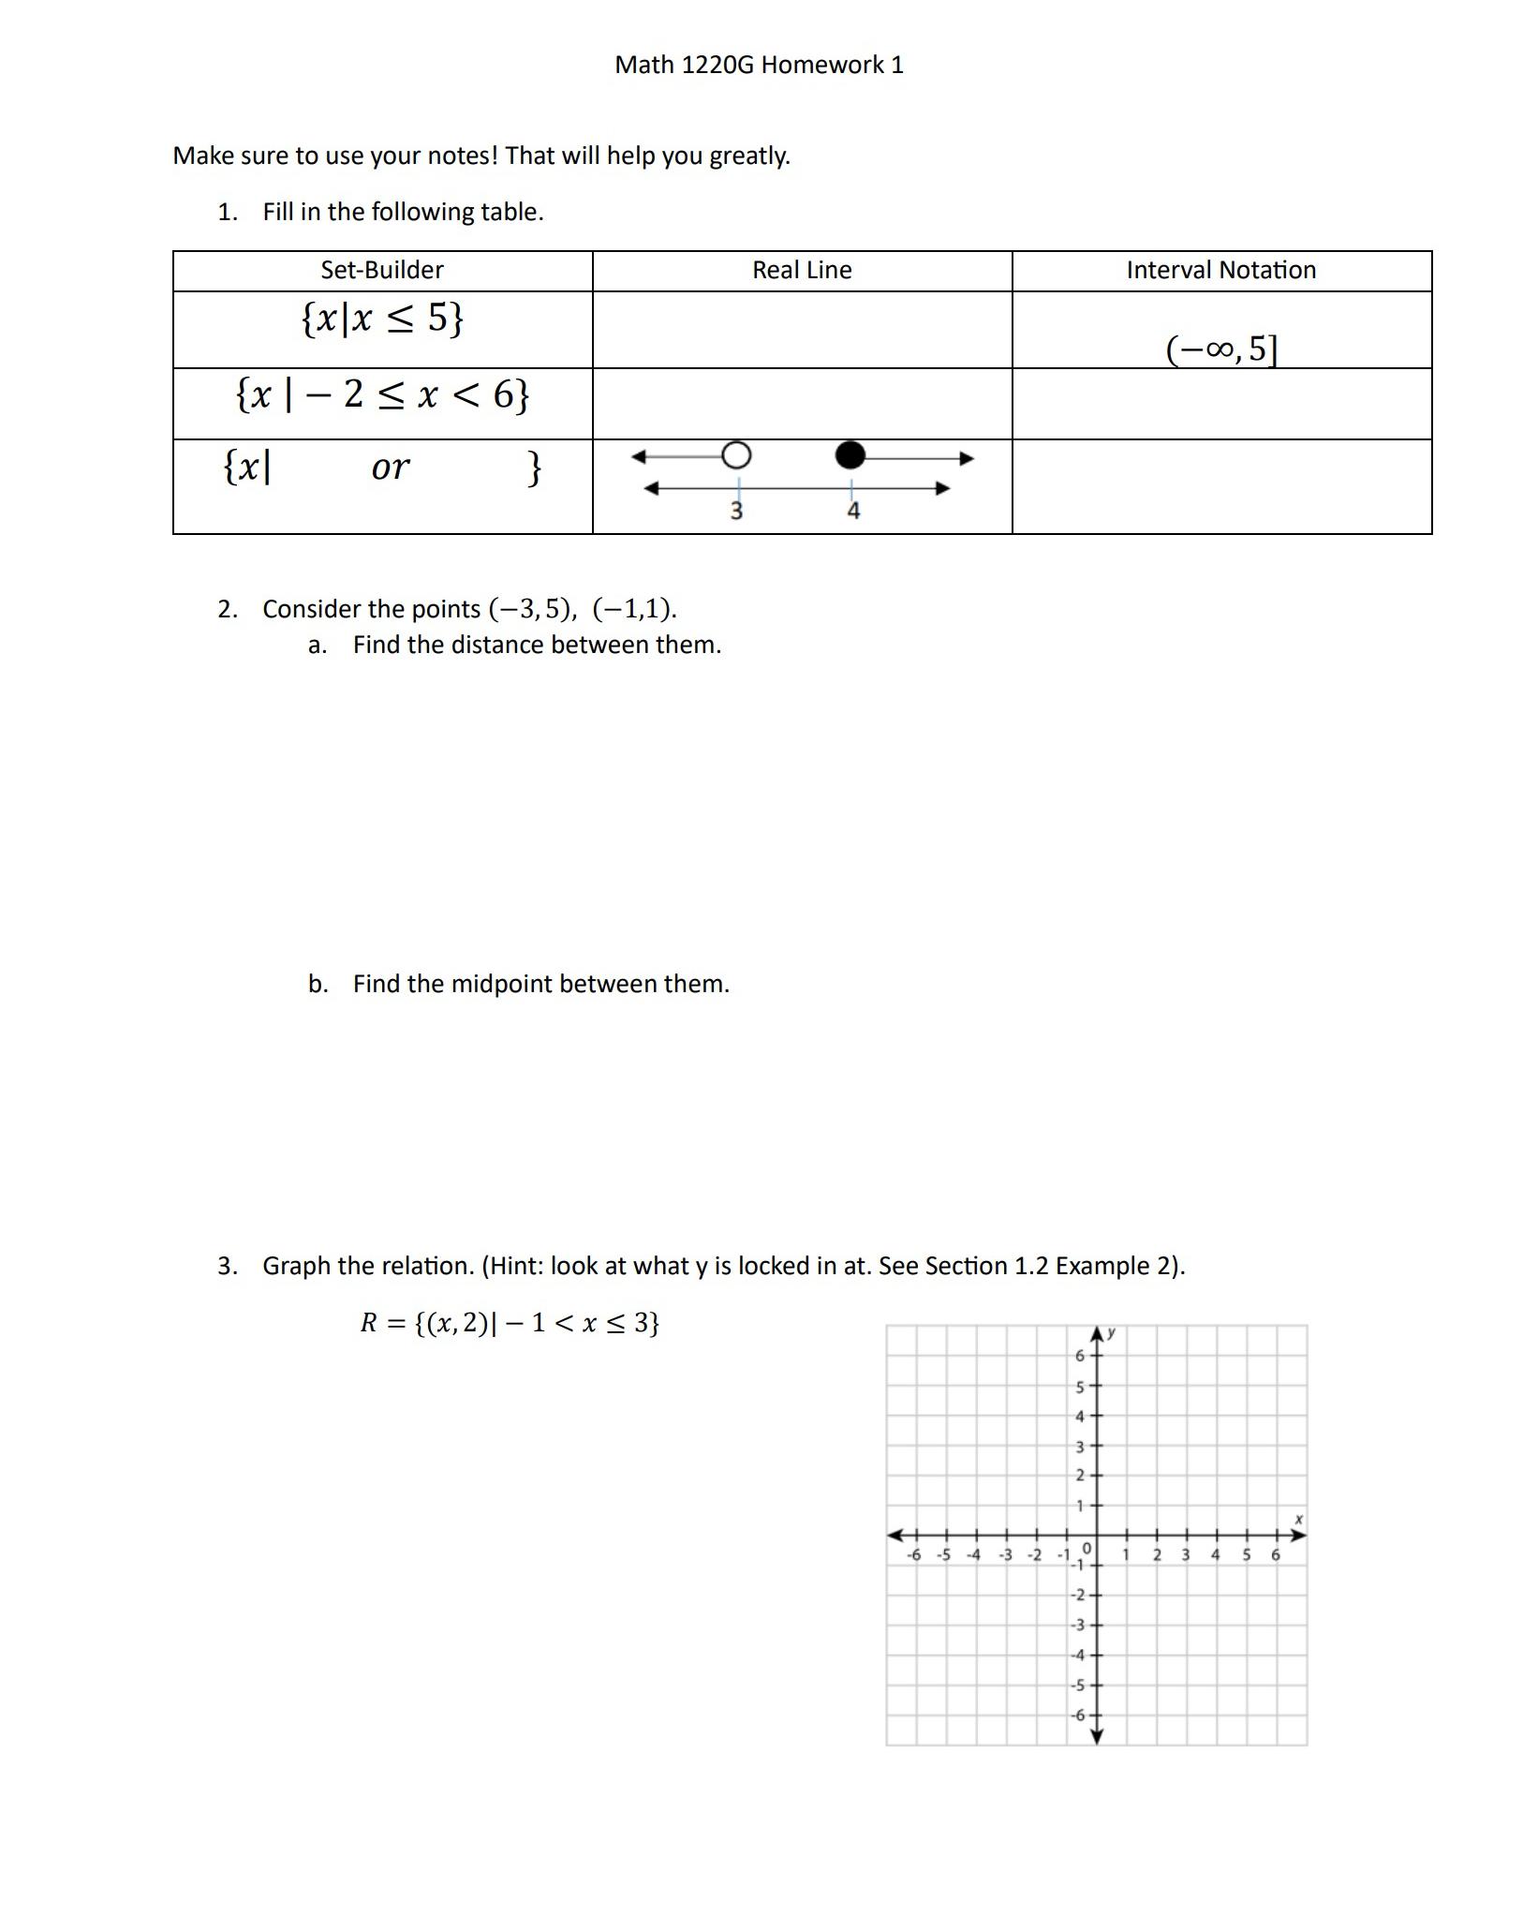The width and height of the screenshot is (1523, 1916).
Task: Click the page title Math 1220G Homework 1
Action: (759, 65)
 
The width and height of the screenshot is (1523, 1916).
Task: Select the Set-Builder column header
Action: (382, 270)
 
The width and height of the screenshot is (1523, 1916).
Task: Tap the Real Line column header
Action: (802, 270)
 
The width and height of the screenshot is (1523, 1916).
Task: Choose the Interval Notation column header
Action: (1220, 270)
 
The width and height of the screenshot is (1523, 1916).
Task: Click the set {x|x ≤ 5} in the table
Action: (382, 319)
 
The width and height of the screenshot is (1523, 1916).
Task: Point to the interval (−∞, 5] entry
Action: (1221, 349)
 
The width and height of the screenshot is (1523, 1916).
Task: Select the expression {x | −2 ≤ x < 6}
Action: (382, 394)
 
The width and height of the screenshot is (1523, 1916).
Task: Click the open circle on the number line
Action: (736, 455)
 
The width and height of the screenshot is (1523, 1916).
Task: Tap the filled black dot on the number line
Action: (850, 455)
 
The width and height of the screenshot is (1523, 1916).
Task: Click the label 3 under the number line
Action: (736, 511)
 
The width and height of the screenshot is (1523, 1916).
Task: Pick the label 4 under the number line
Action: (853, 511)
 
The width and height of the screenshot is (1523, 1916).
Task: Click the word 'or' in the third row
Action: (390, 467)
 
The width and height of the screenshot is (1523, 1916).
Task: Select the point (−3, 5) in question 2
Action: (531, 609)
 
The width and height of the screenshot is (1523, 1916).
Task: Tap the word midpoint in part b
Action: (495, 984)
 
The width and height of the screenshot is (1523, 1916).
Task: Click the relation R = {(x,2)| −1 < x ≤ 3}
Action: (510, 1322)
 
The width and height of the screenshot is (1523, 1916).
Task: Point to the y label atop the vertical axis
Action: (1111, 1331)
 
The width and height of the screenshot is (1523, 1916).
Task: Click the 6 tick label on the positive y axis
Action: (1079, 1356)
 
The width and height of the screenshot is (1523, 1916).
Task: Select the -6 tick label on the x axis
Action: (914, 1555)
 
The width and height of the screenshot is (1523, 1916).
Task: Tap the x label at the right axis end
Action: (1298, 1519)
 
